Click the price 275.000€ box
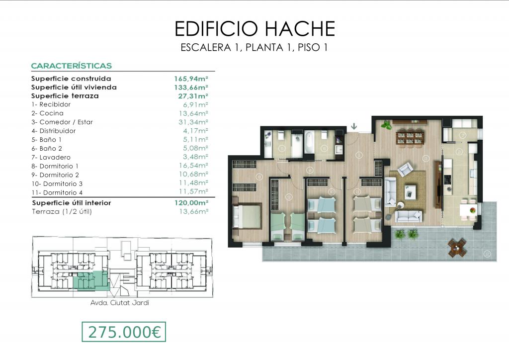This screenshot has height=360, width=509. [124, 332]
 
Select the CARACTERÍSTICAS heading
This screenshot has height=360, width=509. [72, 66]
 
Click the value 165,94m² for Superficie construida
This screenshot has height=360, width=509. [191, 79]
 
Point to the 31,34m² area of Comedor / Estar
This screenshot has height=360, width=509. [193, 122]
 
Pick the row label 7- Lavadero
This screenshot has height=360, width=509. [51, 158]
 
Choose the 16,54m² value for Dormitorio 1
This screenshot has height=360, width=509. [193, 166]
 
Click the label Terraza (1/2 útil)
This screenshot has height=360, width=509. [62, 212]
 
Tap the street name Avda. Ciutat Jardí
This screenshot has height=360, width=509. [120, 303]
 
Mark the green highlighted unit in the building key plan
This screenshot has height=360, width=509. [90, 280]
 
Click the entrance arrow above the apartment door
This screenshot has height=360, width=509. [354, 126]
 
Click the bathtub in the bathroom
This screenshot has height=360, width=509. [309, 143]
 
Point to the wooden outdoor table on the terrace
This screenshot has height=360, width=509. [457, 248]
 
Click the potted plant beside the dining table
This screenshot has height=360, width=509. [386, 125]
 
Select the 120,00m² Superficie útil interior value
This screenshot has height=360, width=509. [191, 203]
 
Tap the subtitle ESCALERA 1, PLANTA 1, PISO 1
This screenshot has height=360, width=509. [254, 48]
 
